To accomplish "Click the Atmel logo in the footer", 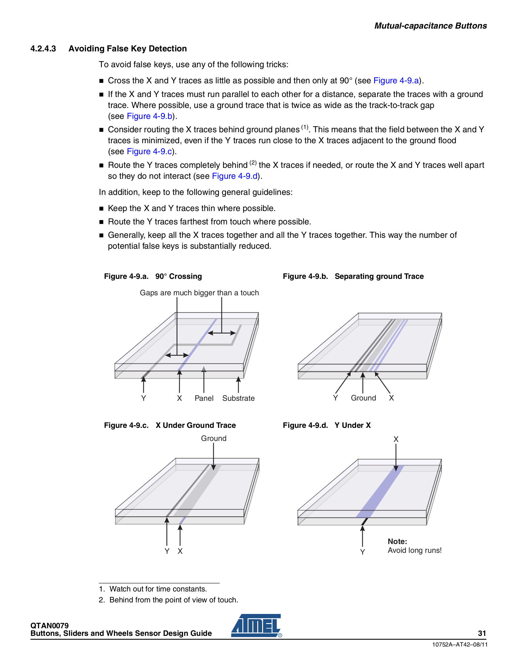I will [256, 626].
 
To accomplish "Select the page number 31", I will [482, 633].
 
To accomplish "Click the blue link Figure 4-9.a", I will [396, 81].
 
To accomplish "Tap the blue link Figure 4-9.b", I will [149, 116].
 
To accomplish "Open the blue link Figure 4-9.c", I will [149, 151].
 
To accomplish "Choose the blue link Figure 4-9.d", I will [234, 176].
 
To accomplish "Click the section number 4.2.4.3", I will [43, 49].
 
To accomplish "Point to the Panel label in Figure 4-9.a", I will [204, 398].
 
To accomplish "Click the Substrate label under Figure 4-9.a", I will [238, 398].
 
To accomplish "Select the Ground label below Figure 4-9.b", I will [363, 398].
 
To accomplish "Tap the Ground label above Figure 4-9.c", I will [213, 438].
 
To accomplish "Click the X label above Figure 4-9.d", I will [396, 439].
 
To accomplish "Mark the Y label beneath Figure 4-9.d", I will [362, 552].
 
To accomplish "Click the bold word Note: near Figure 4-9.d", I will [397, 541].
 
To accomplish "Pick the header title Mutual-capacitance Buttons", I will [430, 26].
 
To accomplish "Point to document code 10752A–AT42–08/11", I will [460, 644].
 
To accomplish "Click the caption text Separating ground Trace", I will [379, 276].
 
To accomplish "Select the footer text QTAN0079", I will [49, 626].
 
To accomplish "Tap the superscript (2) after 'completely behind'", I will [253, 163].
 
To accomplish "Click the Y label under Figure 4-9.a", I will [143, 398].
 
